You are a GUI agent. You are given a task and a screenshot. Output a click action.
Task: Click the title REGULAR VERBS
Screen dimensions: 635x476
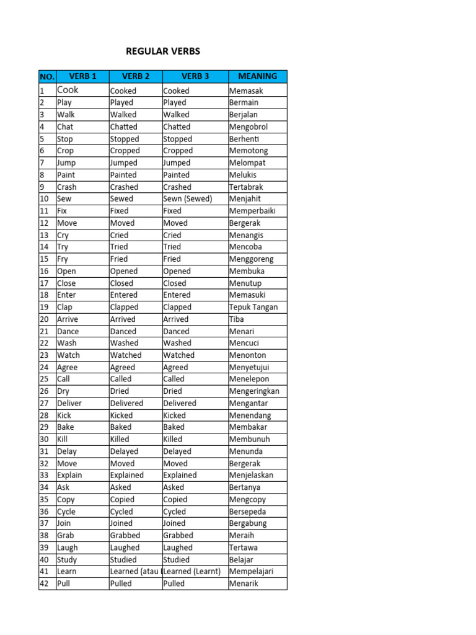coord(163,51)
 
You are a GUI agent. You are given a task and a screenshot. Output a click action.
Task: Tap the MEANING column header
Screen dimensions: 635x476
coord(257,76)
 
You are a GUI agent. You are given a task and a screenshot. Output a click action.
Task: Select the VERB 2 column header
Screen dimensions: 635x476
coord(136,76)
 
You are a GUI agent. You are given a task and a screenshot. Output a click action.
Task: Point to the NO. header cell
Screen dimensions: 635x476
coord(47,77)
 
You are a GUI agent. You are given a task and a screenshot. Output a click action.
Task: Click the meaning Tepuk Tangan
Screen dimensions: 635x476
coord(253,307)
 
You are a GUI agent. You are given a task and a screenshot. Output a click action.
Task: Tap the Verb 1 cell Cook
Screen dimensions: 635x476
coord(68,90)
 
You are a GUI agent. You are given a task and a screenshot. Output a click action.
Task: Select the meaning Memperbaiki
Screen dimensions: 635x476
coord(252,211)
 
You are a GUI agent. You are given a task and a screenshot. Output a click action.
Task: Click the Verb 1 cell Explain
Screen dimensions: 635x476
coord(69,475)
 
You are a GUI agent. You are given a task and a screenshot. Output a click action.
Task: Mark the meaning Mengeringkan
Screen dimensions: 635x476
coord(254,391)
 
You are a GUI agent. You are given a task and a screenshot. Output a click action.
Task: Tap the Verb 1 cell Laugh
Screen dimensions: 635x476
coord(68,548)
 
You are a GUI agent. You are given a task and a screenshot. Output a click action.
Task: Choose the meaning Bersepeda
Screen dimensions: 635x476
coord(248,512)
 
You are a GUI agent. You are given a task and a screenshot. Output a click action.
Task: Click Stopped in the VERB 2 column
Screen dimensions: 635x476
coord(125,139)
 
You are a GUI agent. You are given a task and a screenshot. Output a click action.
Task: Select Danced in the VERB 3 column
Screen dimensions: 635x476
coord(177,331)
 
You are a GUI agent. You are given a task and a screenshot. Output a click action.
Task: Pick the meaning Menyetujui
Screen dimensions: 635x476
coord(249,367)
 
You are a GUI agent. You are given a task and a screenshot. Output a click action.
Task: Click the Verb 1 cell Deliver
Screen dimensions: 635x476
coord(69,403)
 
